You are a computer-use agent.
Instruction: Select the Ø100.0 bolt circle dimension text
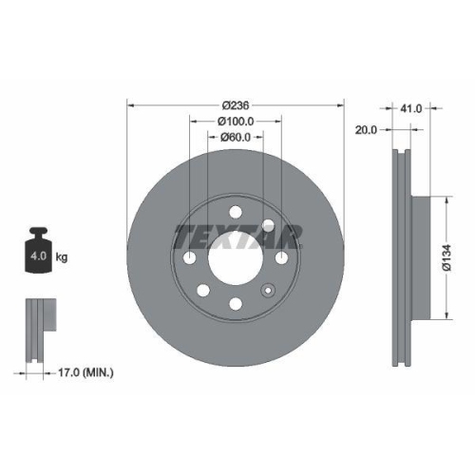coord(236,121)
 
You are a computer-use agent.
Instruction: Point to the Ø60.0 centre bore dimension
coord(236,137)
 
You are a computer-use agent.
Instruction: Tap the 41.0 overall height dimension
coord(411,109)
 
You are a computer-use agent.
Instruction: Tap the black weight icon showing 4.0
coord(39,253)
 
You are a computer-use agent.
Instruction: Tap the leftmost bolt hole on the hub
coord(189,257)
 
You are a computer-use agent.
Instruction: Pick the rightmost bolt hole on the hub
coord(282,257)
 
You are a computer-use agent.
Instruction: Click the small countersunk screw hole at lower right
coord(269,291)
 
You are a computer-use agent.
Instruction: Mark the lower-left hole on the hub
coord(201,291)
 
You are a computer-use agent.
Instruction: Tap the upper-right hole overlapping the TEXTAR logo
coord(268,225)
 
